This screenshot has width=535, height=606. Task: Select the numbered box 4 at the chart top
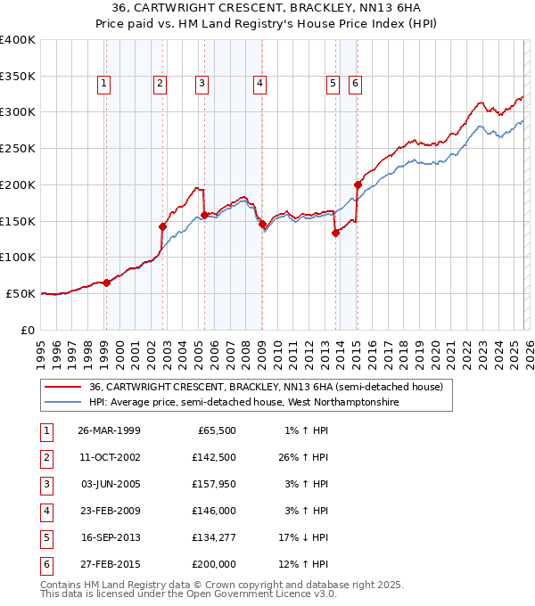coord(259,85)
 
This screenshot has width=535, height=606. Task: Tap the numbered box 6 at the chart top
coord(355,85)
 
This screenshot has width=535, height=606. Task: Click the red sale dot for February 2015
coord(358,184)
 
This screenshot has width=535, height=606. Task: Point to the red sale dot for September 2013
coord(335,233)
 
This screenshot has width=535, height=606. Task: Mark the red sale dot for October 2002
coord(163,226)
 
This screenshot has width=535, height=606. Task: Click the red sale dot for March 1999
coord(107,283)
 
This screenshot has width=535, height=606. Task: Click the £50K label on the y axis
coord(21,293)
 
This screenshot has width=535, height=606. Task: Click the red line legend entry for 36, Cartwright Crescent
coord(259,387)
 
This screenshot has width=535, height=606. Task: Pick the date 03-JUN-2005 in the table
coord(109,484)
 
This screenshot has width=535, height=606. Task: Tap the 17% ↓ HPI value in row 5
coord(302,537)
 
